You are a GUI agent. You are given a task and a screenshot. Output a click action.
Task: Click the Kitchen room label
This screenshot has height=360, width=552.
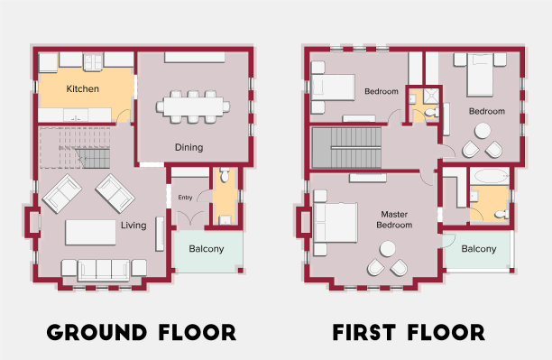tap(82, 88)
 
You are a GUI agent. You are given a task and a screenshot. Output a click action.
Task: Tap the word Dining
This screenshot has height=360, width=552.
tap(189, 147)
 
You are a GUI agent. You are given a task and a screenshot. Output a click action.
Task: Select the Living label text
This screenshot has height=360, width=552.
tap(133, 225)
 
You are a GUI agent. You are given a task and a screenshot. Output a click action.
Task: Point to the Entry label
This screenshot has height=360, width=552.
tap(185, 198)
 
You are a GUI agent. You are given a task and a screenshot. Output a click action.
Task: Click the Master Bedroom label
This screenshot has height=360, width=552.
tap(394, 219)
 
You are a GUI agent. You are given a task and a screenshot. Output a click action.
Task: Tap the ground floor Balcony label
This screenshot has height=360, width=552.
tap(207, 249)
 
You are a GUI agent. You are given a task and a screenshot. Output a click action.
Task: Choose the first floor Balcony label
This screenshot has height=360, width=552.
tap(479, 249)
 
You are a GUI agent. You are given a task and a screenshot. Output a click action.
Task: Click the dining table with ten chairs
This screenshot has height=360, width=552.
tap(193, 106)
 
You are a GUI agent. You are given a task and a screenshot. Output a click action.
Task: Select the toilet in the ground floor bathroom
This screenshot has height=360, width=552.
tap(225, 175)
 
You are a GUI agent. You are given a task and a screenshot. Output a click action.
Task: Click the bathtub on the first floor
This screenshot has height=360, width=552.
tap(490, 176)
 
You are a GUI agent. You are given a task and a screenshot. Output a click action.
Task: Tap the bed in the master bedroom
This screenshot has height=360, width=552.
tap(336, 223)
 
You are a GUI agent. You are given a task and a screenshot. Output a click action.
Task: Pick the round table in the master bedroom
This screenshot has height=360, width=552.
tap(387, 249)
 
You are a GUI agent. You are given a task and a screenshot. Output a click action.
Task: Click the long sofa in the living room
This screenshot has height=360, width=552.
tap(104, 271)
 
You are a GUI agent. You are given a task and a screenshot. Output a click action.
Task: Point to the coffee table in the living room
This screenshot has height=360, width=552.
tap(90, 232)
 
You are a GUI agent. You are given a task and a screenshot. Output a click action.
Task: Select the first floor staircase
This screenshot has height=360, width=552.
tap(346, 148)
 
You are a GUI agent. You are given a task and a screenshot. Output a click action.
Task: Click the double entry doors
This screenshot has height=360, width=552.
tap(190, 217)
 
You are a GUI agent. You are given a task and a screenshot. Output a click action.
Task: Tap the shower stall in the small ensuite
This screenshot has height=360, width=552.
tap(431, 97)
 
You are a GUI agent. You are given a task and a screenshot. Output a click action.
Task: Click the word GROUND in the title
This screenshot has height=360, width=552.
tap(97, 333)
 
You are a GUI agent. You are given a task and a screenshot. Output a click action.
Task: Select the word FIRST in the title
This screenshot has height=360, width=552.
tap(363, 333)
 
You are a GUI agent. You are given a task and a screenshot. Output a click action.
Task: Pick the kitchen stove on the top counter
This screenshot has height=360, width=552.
tap(93, 61)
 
